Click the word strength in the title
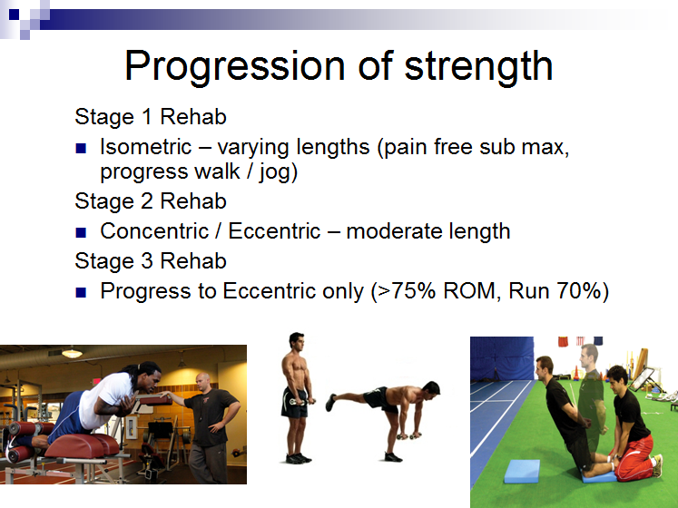tap(478, 65)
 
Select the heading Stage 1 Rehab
tap(151, 117)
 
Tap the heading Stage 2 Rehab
tap(151, 201)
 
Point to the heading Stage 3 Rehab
tap(151, 260)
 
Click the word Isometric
tap(146, 147)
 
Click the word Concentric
tap(154, 231)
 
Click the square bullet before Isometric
tap(81, 148)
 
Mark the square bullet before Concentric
tap(81, 232)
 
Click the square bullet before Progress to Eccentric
tap(81, 292)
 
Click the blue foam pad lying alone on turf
tap(522, 471)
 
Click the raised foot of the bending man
tap(330, 402)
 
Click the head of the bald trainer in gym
tap(202, 381)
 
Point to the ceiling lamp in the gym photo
tap(73, 353)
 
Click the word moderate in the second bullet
tap(395, 231)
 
